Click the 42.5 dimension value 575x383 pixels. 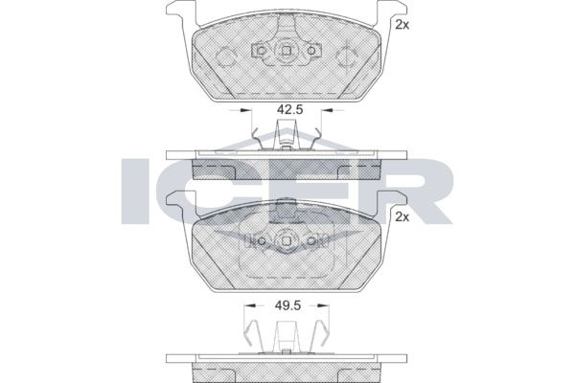[289, 109]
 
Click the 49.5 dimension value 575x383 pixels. [288, 304]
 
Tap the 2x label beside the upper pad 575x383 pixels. [402, 25]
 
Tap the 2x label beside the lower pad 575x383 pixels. [402, 217]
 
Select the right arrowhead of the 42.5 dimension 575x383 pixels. [326, 109]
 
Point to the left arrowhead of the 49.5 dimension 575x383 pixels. [250, 305]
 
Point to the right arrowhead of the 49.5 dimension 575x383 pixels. [324, 305]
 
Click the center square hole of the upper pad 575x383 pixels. [287, 51]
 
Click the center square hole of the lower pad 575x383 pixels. [287, 240]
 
